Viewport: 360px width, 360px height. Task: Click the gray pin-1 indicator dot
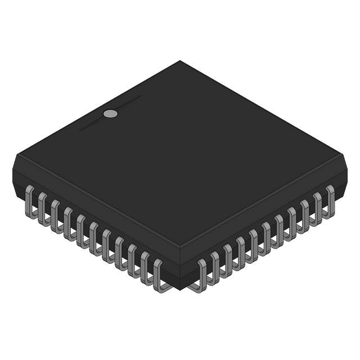[111, 114]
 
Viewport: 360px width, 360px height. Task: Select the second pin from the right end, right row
[317, 207]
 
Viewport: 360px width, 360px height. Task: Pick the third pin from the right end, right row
[304, 214]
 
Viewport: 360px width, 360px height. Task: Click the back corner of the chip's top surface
[180, 61]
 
